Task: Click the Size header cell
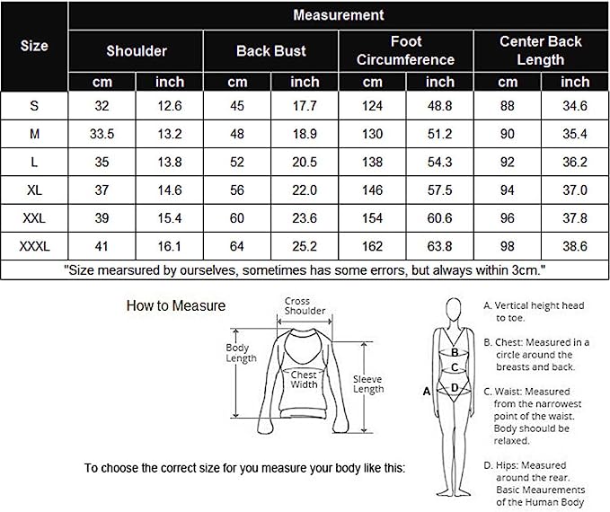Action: click(34, 46)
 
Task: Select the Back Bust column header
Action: click(271, 51)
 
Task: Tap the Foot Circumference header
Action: click(406, 50)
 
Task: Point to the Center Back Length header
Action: click(541, 50)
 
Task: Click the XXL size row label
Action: click(34, 218)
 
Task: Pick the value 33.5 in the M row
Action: click(102, 134)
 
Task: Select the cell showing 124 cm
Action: click(372, 106)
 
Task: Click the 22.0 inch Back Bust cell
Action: click(305, 190)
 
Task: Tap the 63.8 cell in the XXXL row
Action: click(439, 246)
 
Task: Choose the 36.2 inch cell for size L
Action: click(575, 163)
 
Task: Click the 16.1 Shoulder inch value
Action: click(170, 246)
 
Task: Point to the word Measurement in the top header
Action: click(339, 15)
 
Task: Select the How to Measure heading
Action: click(176, 305)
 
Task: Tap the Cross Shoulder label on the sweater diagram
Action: click(305, 305)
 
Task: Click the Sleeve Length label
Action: click(368, 384)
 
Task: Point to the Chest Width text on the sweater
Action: click(304, 380)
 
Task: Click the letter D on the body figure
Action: click(455, 388)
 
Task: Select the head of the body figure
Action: click(454, 310)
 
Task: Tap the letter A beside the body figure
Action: click(427, 392)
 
